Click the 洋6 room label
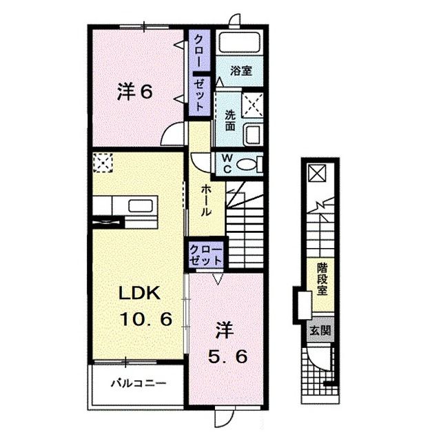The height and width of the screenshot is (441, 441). (135, 92)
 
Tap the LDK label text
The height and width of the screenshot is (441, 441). (140, 293)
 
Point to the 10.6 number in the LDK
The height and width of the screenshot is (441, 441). (146, 319)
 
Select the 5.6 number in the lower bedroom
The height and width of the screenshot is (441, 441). (228, 357)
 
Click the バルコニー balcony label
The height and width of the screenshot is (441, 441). (139, 383)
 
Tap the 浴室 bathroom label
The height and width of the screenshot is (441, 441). (241, 70)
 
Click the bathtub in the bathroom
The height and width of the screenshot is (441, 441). (240, 43)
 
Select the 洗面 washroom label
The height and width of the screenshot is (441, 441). (229, 121)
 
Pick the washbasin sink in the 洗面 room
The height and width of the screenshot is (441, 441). (253, 134)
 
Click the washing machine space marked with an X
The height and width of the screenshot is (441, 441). (253, 105)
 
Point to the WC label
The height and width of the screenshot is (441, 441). (227, 164)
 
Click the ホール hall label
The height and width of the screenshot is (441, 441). (206, 201)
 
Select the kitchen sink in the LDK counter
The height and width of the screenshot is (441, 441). (141, 205)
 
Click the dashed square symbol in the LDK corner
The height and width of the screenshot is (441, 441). (103, 163)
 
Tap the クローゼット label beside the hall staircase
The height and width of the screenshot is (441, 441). (205, 255)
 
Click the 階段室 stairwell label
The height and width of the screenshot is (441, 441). (322, 279)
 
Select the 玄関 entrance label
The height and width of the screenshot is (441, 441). (320, 331)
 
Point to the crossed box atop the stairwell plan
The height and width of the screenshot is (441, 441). (317, 173)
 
